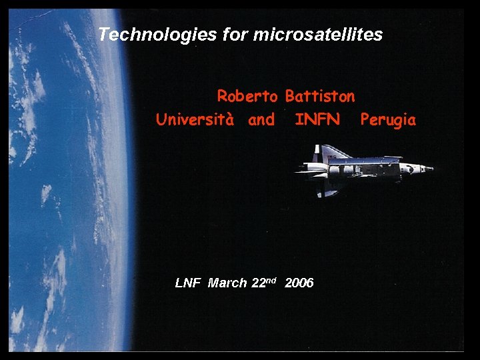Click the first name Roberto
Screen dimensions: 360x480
(247, 97)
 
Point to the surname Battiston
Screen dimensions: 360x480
(320, 97)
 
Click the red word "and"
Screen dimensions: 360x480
(261, 121)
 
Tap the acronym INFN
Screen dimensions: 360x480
(317, 120)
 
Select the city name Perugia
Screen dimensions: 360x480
(388, 121)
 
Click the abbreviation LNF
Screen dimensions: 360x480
(187, 283)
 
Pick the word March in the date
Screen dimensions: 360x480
(227, 283)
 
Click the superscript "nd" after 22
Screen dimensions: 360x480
(271, 279)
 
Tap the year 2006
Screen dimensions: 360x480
(299, 283)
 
